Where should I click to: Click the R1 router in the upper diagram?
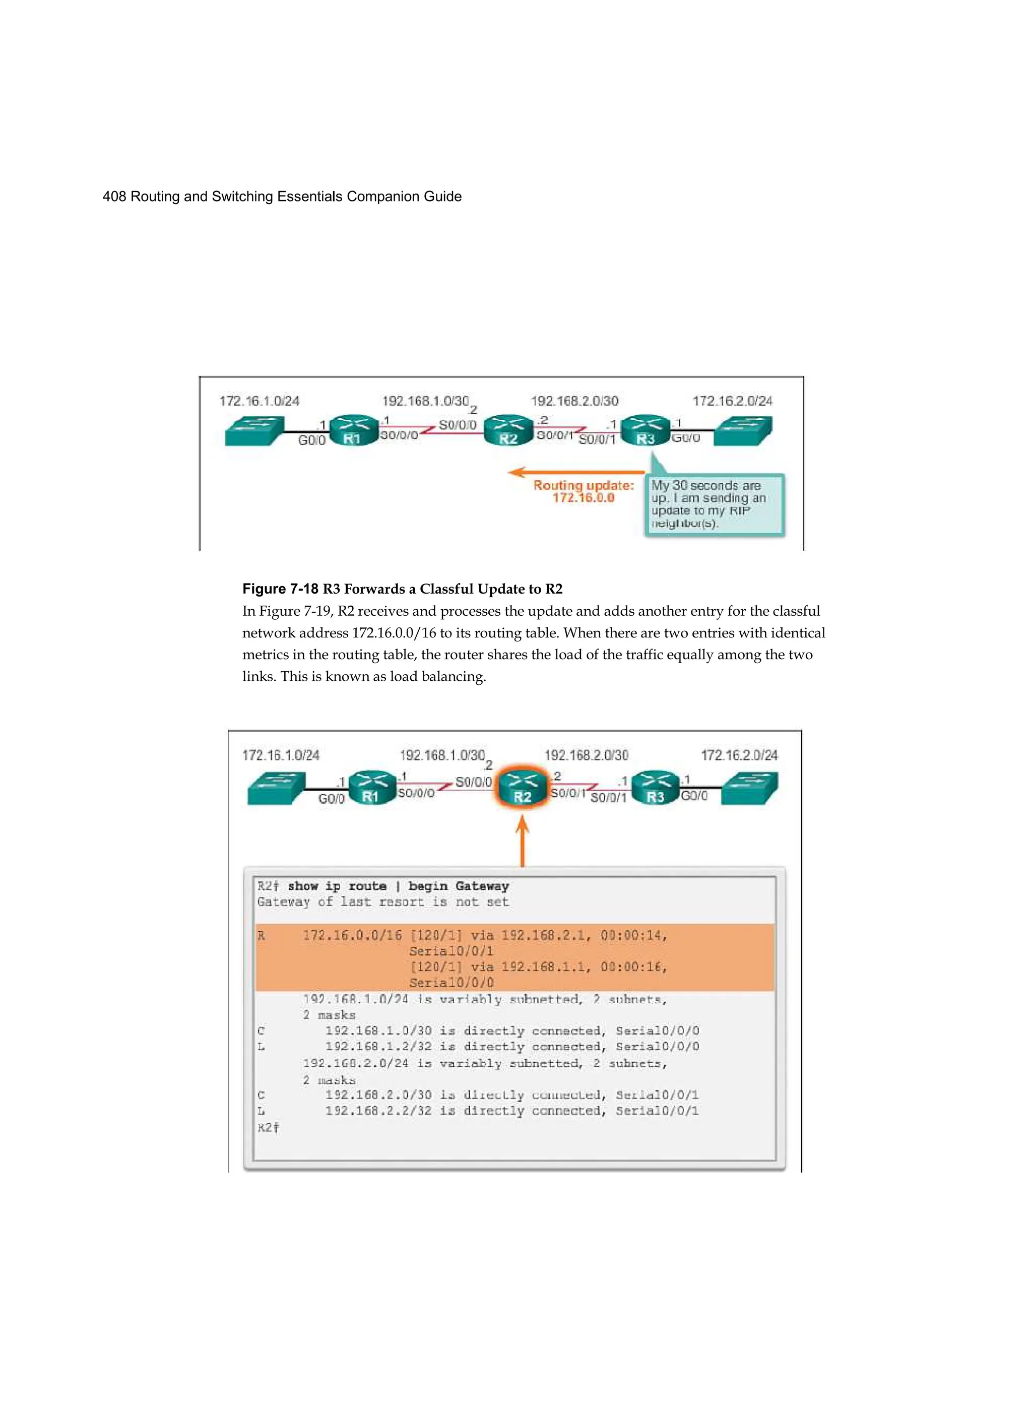pyautogui.click(x=353, y=431)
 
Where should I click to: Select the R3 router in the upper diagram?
pyautogui.click(x=645, y=431)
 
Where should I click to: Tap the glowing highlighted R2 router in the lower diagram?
pyautogui.click(x=522, y=790)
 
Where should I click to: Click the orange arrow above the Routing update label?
pyautogui.click(x=575, y=472)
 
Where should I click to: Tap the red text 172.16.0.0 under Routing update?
pyautogui.click(x=583, y=498)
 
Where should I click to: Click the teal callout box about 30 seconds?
pyautogui.click(x=714, y=504)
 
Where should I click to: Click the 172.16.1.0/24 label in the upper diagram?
pyautogui.click(x=259, y=401)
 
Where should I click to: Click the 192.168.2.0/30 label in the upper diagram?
pyautogui.click(x=574, y=401)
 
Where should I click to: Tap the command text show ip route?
pyautogui.click(x=337, y=886)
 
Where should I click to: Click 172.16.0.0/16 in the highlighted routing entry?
pyautogui.click(x=352, y=935)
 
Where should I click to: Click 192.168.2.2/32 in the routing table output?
pyautogui.click(x=378, y=1111)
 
